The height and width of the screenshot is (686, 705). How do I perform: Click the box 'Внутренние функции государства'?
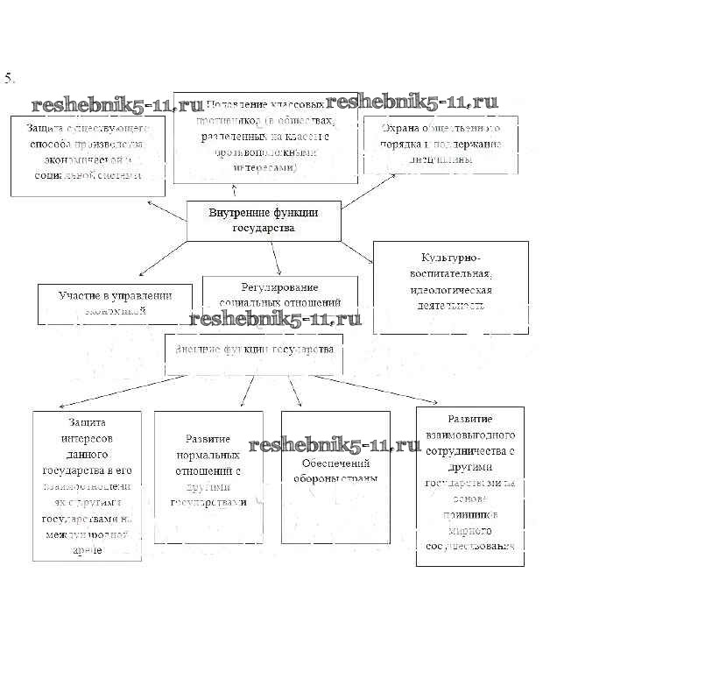264,220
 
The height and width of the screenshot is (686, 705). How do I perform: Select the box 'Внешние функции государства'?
253,353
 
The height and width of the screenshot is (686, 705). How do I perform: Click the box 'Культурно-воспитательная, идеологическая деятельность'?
450,287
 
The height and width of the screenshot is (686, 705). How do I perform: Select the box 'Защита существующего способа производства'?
88,154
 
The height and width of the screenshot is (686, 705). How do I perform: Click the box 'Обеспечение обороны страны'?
335,477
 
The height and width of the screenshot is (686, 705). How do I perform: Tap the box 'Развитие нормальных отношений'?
208,476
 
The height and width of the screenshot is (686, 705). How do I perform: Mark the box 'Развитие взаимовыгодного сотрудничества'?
469,485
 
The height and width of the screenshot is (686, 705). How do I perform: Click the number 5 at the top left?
10,78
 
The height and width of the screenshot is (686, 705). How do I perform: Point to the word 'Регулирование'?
279,287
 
